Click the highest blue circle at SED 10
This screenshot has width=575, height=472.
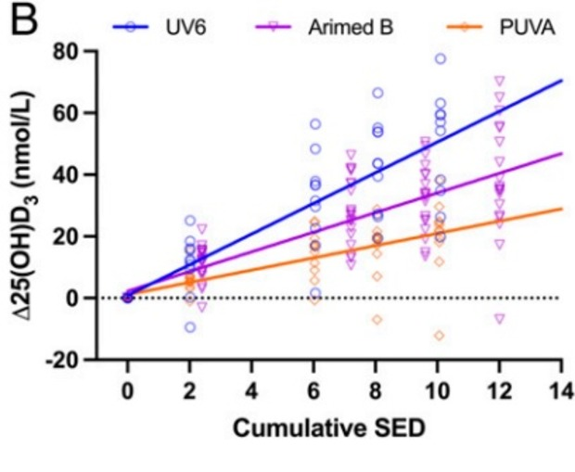[x=441, y=58]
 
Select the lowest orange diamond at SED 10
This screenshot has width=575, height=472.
[x=439, y=335]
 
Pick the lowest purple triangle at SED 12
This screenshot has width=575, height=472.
[x=501, y=318]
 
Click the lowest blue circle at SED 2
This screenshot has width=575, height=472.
[x=190, y=326]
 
